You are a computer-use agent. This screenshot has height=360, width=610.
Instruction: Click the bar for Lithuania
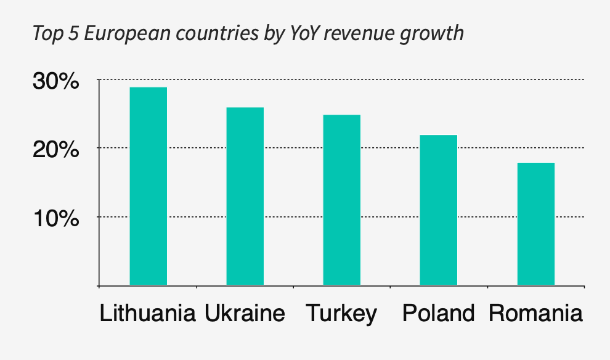148,186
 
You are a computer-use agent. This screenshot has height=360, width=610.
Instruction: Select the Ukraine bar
245,196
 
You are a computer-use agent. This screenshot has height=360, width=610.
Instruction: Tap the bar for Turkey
341,200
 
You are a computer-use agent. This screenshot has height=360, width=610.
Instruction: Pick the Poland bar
438,210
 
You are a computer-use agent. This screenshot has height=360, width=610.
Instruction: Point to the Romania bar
535,223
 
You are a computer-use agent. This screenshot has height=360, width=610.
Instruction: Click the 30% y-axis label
56,81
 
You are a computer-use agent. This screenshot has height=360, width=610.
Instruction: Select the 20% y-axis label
56,149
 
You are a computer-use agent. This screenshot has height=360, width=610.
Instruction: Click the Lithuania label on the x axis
148,314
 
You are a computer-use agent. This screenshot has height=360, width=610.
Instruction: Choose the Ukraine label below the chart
245,314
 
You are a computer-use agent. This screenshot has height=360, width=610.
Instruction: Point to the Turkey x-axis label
341,314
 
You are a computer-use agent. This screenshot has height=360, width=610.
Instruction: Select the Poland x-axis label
438,314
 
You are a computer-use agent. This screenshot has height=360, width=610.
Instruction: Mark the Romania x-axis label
535,314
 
